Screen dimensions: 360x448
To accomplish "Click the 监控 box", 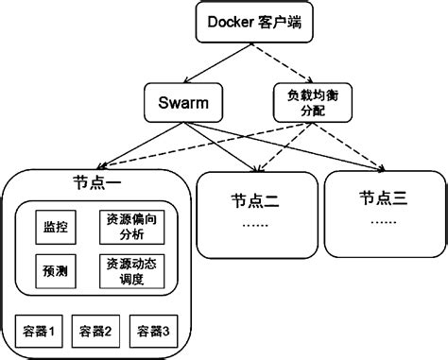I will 55,228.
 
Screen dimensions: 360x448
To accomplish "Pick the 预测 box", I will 55,269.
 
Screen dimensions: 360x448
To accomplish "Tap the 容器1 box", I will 42,331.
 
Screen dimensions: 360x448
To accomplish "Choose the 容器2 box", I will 97,331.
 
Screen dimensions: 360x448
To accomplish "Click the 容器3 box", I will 153,331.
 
